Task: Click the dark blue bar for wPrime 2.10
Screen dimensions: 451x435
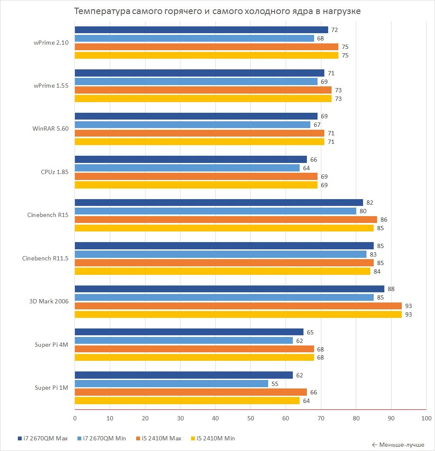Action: click(201, 30)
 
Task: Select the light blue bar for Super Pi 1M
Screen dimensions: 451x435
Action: click(172, 384)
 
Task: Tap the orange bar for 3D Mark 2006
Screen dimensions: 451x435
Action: click(238, 306)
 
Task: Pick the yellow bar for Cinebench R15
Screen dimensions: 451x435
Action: click(224, 228)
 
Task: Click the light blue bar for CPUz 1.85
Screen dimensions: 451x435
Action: click(187, 168)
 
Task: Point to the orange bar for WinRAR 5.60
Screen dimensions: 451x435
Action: click(200, 133)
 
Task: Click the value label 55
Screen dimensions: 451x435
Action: click(275, 384)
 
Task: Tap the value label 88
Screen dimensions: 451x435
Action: click(391, 289)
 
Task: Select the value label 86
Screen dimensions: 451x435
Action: click(384, 220)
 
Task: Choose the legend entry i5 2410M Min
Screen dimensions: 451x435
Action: click(213, 438)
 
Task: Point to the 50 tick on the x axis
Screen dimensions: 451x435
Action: click(250, 418)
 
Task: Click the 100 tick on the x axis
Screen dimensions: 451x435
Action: click(426, 418)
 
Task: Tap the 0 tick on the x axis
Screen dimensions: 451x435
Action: click(75, 418)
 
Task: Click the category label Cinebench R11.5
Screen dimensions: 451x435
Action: click(46, 258)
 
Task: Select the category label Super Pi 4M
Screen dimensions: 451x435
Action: click(52, 345)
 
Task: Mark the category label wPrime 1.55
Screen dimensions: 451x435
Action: click(50, 86)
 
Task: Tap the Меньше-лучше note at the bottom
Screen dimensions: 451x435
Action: click(398, 445)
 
